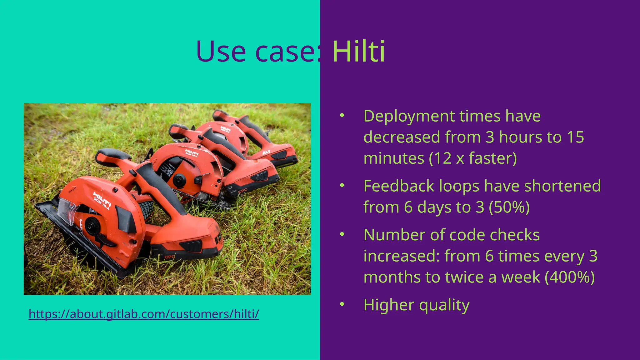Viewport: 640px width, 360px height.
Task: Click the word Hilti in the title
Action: coord(358,52)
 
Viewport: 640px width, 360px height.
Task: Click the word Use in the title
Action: coord(221,52)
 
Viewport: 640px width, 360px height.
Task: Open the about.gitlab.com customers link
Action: coord(144,314)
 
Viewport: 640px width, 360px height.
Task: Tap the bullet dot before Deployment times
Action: coord(342,116)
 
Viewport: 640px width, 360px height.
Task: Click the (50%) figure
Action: coord(509,207)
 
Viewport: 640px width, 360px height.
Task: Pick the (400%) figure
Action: coord(569,277)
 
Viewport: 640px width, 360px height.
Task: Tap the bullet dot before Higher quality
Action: coord(342,304)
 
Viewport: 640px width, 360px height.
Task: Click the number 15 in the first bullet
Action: coord(575,137)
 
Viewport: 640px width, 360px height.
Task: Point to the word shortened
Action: coord(562,186)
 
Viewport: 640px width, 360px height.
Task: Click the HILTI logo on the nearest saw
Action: coord(102,199)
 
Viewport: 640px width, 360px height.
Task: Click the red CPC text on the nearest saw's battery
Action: coord(170,257)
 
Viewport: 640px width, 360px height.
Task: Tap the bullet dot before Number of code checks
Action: coord(342,234)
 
